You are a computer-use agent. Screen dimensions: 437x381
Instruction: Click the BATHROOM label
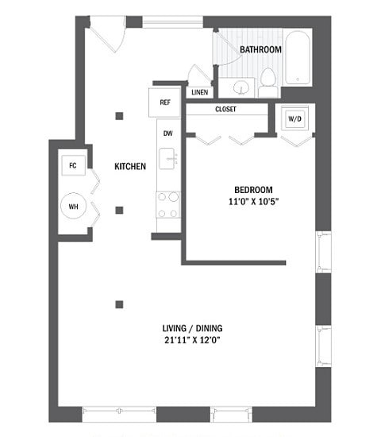tap(261, 49)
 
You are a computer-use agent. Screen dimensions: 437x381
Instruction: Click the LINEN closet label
tap(199, 92)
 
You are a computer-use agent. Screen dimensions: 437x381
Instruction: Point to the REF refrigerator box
tap(165, 102)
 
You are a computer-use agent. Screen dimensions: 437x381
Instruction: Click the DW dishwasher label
tap(167, 133)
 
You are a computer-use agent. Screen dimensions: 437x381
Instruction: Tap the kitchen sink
tap(167, 159)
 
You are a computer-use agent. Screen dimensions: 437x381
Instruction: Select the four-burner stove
tap(167, 204)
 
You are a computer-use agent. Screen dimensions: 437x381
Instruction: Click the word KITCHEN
tap(130, 167)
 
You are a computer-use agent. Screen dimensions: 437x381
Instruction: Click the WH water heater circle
tap(74, 206)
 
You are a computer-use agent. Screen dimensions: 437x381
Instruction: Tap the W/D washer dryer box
tap(295, 119)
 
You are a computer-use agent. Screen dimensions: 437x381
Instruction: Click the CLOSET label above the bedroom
tap(225, 109)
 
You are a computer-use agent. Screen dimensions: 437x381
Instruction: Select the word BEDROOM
tap(253, 189)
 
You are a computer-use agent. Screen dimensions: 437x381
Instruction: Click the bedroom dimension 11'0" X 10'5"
tap(253, 201)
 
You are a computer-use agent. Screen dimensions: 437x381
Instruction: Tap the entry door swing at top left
tap(106, 33)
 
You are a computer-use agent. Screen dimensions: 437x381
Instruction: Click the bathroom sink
tap(239, 84)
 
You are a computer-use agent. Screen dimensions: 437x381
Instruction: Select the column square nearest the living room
tap(119, 304)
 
